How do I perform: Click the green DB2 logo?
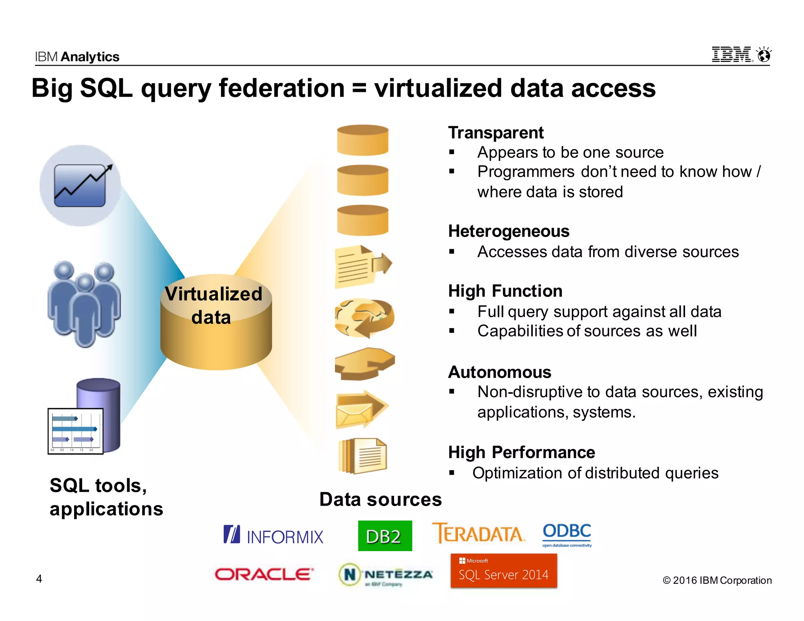click(385, 535)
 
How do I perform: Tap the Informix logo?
click(273, 535)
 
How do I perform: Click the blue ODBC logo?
click(566, 534)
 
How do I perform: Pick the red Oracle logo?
click(264, 574)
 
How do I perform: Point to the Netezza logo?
click(386, 575)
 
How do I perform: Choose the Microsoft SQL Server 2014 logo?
click(504, 571)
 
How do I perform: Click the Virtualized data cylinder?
click(216, 322)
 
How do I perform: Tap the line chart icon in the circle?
click(80, 185)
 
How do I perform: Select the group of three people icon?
click(84, 303)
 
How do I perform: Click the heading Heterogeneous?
click(509, 231)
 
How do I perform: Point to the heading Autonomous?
click(500, 372)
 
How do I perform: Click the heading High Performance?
click(521, 452)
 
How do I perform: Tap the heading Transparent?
click(496, 133)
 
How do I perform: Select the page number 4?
click(39, 579)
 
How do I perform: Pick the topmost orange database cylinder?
click(363, 140)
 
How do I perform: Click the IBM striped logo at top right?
click(732, 55)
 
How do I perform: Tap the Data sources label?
click(380, 499)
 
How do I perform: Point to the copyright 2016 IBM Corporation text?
click(717, 580)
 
